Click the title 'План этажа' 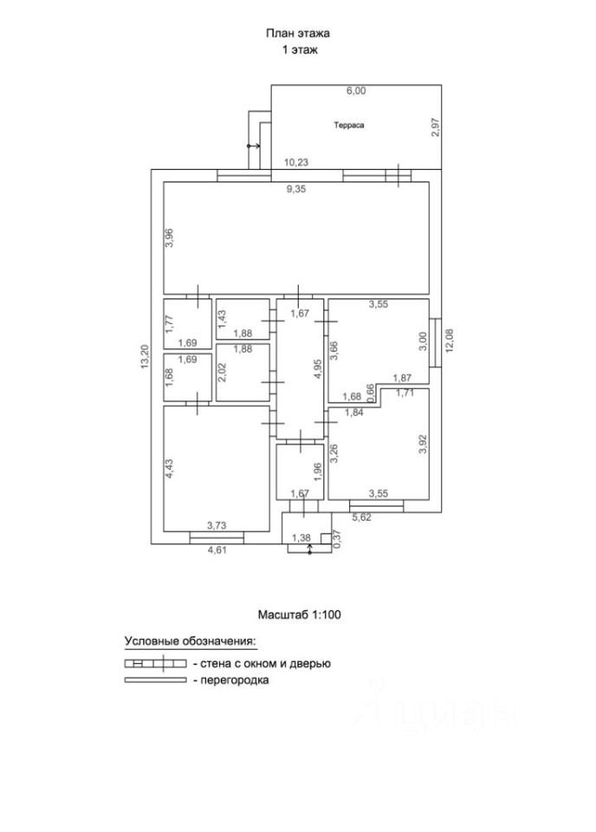point(298,34)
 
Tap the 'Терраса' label point(349,125)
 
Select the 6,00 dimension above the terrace point(356,90)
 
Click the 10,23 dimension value point(296,162)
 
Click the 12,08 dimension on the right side point(448,340)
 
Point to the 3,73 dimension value point(217,525)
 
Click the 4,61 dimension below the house point(217,549)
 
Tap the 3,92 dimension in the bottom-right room point(423,444)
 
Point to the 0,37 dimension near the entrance point(337,538)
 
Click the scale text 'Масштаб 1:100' point(301,614)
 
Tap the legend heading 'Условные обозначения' point(191,641)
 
